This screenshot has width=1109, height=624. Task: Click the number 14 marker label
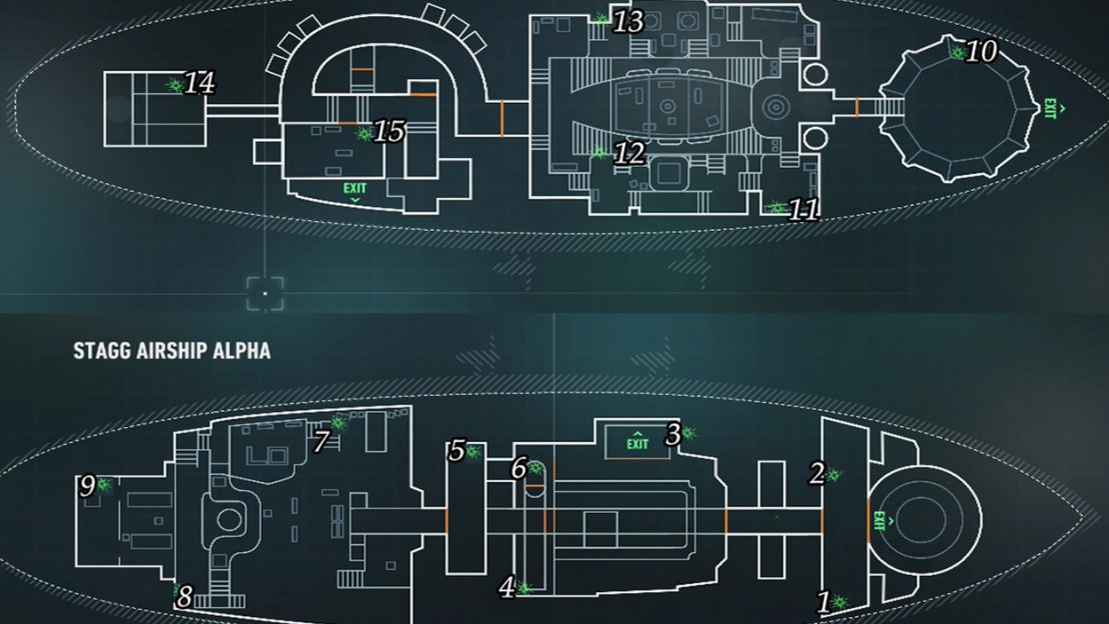coord(200,83)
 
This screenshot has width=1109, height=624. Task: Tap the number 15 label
coord(389,131)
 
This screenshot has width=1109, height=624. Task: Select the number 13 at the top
coord(628,22)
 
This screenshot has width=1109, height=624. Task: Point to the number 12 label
coord(629,153)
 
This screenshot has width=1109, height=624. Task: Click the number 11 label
coord(803,210)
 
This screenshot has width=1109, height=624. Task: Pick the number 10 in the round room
coord(982,51)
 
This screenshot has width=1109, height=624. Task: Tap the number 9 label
coord(87,486)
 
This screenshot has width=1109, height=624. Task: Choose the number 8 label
coord(184,597)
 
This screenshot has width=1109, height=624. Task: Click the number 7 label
coord(322,441)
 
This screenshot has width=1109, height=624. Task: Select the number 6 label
coord(519,468)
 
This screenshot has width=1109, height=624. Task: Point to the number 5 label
coord(457,450)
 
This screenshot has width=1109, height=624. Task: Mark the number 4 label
coord(507,587)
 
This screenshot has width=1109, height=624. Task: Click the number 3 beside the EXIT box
coord(672,434)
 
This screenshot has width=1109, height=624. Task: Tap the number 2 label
coord(817,473)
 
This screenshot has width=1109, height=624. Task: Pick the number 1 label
coord(823,602)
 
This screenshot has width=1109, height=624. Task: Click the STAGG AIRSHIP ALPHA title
coord(172,351)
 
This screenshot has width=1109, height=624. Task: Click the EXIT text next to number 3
coord(637,444)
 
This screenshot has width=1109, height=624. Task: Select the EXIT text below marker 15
coord(355,188)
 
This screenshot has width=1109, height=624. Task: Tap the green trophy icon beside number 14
coord(174,86)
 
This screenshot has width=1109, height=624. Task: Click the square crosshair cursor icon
coord(265,293)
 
